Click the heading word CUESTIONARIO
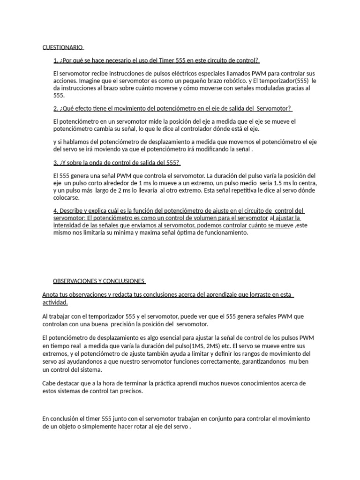click(x=62, y=47)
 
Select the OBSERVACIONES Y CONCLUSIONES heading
click(x=99, y=281)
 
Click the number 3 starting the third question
click(x=55, y=163)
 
